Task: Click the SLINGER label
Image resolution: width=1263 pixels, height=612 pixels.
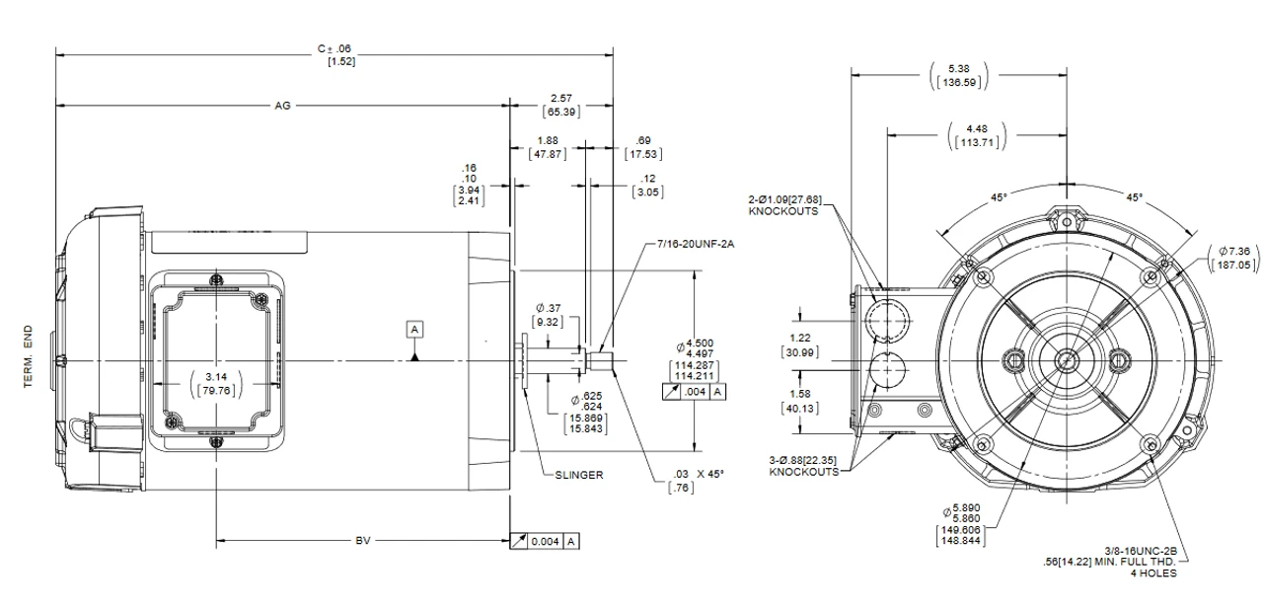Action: [x=578, y=474]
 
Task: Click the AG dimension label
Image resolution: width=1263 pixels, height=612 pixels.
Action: [x=283, y=104]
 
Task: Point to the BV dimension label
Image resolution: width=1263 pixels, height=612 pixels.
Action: [x=364, y=541]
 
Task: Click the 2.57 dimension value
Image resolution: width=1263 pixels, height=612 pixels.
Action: [x=559, y=99]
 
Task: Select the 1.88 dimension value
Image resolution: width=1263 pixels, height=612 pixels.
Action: [x=546, y=140]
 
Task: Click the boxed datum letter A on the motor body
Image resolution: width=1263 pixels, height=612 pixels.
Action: [x=415, y=328]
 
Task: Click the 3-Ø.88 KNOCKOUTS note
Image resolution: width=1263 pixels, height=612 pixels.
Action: [x=804, y=466]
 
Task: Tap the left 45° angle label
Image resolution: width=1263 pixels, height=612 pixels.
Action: [x=999, y=197]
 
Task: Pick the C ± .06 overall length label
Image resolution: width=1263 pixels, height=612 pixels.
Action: [x=340, y=48]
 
